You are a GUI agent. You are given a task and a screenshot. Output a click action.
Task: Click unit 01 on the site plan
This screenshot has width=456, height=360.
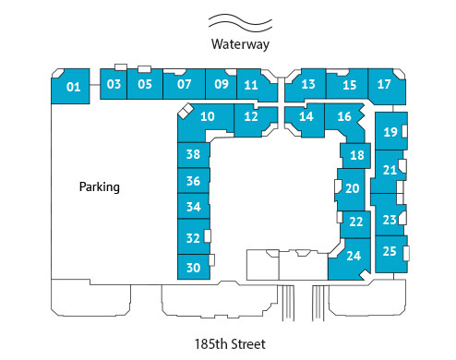(74, 88)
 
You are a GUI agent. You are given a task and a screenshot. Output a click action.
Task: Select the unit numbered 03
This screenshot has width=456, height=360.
(114, 84)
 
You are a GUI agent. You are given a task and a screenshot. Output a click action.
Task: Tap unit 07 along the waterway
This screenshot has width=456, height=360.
(184, 84)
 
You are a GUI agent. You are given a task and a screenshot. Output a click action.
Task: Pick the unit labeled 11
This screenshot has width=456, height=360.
(251, 85)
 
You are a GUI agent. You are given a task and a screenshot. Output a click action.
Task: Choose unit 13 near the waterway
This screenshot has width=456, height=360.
(308, 85)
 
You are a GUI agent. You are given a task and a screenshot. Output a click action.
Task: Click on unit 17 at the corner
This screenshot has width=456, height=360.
(385, 85)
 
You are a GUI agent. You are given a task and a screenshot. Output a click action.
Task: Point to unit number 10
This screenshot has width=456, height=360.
(208, 116)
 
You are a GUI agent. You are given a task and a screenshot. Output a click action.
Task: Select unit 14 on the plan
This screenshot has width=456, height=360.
(306, 116)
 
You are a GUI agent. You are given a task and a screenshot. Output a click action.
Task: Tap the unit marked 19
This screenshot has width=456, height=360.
(390, 132)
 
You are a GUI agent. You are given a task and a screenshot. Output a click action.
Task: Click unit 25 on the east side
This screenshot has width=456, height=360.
(390, 251)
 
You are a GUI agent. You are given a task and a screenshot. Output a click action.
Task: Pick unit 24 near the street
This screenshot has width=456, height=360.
(353, 256)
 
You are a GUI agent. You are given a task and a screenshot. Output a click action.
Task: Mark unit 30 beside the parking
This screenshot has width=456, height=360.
(193, 268)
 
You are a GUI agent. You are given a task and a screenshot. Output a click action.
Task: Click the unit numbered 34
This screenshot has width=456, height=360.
(193, 207)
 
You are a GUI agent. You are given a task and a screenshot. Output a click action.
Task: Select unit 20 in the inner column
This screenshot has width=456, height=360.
(352, 187)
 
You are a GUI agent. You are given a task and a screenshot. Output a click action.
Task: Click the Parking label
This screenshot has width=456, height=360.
(100, 186)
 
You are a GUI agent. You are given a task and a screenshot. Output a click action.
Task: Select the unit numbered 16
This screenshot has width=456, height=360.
(344, 117)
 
